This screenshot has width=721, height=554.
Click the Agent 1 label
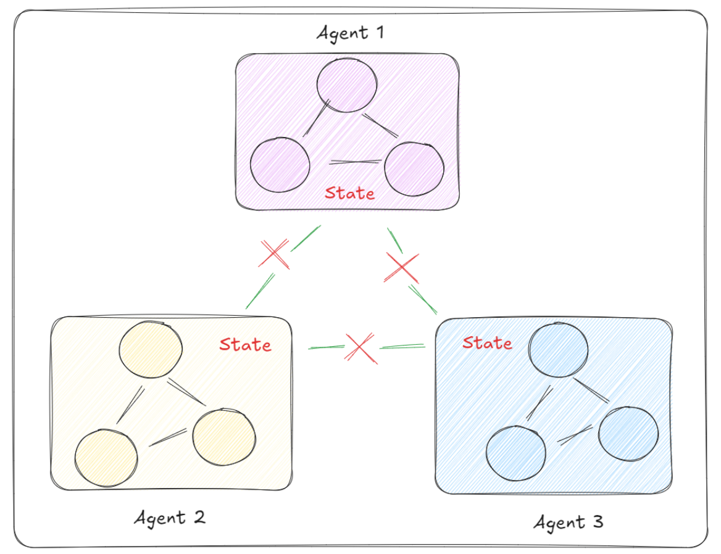tap(350, 32)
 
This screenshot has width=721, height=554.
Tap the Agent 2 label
tap(170, 517)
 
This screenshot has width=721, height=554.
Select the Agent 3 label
tap(568, 523)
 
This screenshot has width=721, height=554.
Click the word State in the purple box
tap(349, 193)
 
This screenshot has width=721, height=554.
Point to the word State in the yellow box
tap(245, 344)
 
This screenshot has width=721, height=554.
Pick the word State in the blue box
tap(487, 342)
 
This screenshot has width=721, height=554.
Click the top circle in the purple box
tap(347, 85)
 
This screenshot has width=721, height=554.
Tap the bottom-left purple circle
tap(280, 166)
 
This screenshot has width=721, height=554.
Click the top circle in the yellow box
tap(151, 349)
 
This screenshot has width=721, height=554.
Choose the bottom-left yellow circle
tap(106, 458)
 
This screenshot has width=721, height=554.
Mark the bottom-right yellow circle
tap(223, 436)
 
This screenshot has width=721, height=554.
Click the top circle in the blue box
tap(558, 349)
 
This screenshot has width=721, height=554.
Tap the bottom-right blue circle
tap(628, 433)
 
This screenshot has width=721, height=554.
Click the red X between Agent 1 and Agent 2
tap(274, 254)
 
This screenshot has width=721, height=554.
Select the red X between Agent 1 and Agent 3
tap(402, 267)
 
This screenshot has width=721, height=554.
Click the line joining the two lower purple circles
tap(355, 162)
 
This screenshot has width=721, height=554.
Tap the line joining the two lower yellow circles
tap(167, 437)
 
